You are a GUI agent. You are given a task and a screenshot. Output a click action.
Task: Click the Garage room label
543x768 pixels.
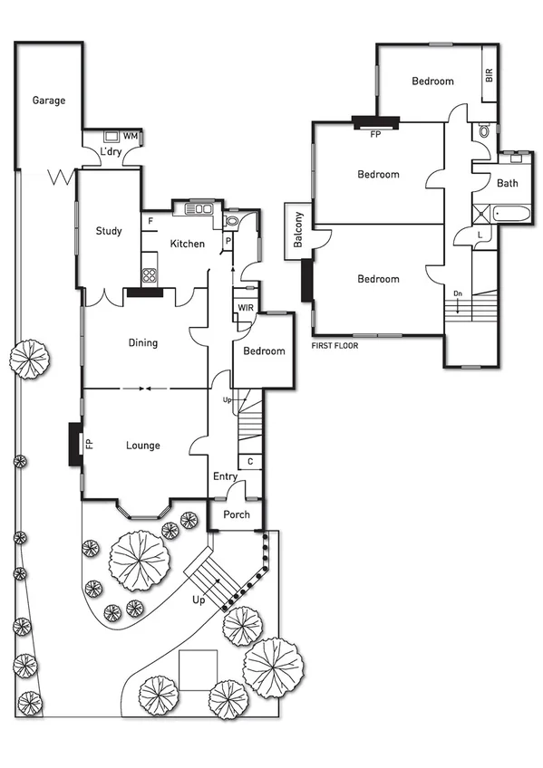(x=49, y=101)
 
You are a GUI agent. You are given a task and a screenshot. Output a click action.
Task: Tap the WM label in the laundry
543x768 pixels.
(x=130, y=136)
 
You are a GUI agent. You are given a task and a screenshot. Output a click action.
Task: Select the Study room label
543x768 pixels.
(x=109, y=231)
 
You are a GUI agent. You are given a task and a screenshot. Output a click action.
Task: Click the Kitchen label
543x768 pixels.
(x=187, y=244)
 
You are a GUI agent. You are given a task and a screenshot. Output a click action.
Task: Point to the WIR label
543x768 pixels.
(x=245, y=308)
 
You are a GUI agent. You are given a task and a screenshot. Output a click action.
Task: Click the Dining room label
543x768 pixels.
(x=142, y=342)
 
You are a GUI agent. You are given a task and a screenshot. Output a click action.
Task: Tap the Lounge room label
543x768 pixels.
(x=142, y=446)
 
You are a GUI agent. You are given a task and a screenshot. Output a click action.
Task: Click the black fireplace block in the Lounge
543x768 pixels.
(x=75, y=445)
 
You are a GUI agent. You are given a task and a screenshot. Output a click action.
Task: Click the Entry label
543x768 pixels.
(x=225, y=476)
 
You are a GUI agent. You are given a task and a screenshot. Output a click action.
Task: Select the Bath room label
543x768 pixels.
(x=507, y=183)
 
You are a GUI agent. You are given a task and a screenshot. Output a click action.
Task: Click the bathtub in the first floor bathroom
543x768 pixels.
(x=508, y=215)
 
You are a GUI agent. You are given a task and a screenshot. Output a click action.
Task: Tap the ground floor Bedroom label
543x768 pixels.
(x=264, y=351)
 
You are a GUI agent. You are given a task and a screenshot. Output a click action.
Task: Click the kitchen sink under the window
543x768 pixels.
(x=199, y=209)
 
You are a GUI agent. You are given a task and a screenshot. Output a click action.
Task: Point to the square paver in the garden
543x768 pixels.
(x=197, y=670)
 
